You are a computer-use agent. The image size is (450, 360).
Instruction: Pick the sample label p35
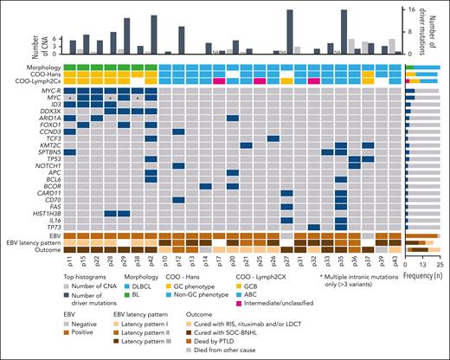tap(342, 261)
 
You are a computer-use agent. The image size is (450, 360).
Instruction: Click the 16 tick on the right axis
tap(421, 9)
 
